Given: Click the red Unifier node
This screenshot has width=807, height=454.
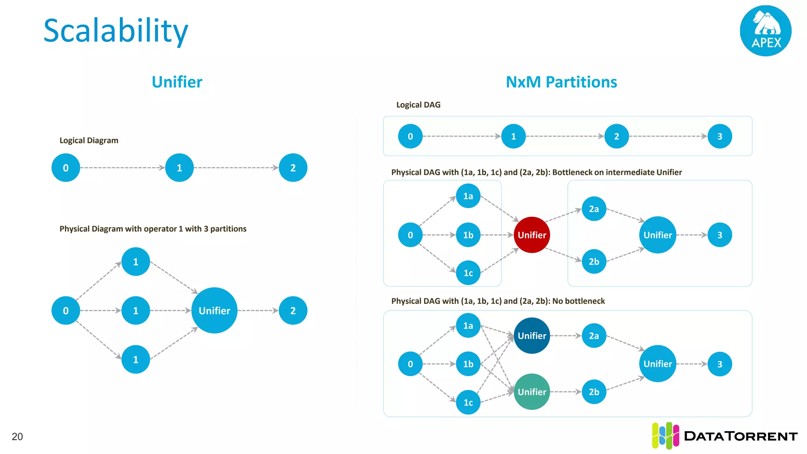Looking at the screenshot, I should pyautogui.click(x=532, y=235).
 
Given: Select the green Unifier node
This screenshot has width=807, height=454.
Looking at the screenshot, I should pyautogui.click(x=532, y=392).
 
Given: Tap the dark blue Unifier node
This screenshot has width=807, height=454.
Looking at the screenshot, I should pyautogui.click(x=532, y=336).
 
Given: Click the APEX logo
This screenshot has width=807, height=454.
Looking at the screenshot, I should pyautogui.click(x=766, y=31).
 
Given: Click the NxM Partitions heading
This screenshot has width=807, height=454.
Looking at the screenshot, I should pyautogui.click(x=561, y=82).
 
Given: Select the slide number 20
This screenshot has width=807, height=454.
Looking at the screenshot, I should pyautogui.click(x=17, y=437).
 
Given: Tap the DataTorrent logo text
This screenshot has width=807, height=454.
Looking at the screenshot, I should pyautogui.click(x=740, y=436).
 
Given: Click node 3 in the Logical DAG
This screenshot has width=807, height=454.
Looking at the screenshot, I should pyautogui.click(x=720, y=136).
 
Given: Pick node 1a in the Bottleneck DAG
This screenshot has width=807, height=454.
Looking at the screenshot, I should pyautogui.click(x=468, y=196).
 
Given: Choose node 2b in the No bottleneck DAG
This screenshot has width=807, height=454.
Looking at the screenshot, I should pyautogui.click(x=594, y=392).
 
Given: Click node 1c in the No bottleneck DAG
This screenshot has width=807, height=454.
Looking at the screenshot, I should pyautogui.click(x=468, y=402).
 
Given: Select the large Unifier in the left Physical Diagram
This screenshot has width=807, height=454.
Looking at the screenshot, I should pyautogui.click(x=214, y=311).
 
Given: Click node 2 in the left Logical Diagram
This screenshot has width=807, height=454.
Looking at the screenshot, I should pyautogui.click(x=293, y=168).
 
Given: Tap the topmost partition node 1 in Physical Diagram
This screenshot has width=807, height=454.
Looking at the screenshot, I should pyautogui.click(x=136, y=262).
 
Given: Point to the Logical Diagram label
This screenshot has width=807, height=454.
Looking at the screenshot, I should pyautogui.click(x=89, y=141).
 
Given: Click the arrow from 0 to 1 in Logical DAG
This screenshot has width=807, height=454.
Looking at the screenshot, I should pyautogui.click(x=461, y=136).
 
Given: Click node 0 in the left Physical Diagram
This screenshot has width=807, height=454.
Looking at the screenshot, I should pyautogui.click(x=66, y=311).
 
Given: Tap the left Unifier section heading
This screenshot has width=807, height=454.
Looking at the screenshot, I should pyautogui.click(x=177, y=82).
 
